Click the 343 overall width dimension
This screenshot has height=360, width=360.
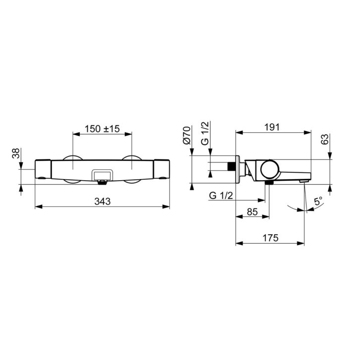[103, 202]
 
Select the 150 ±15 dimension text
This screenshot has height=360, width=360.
[102, 129]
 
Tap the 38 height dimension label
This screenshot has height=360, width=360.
[16, 153]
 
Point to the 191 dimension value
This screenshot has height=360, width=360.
[272, 127]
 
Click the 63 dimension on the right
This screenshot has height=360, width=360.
[325, 139]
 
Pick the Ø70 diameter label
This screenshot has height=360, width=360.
[187, 135]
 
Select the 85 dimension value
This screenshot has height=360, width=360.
[252, 211]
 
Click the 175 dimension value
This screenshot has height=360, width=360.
[270, 238]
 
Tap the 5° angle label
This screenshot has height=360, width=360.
[318, 202]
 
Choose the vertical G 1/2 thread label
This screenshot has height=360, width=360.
[205, 133]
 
